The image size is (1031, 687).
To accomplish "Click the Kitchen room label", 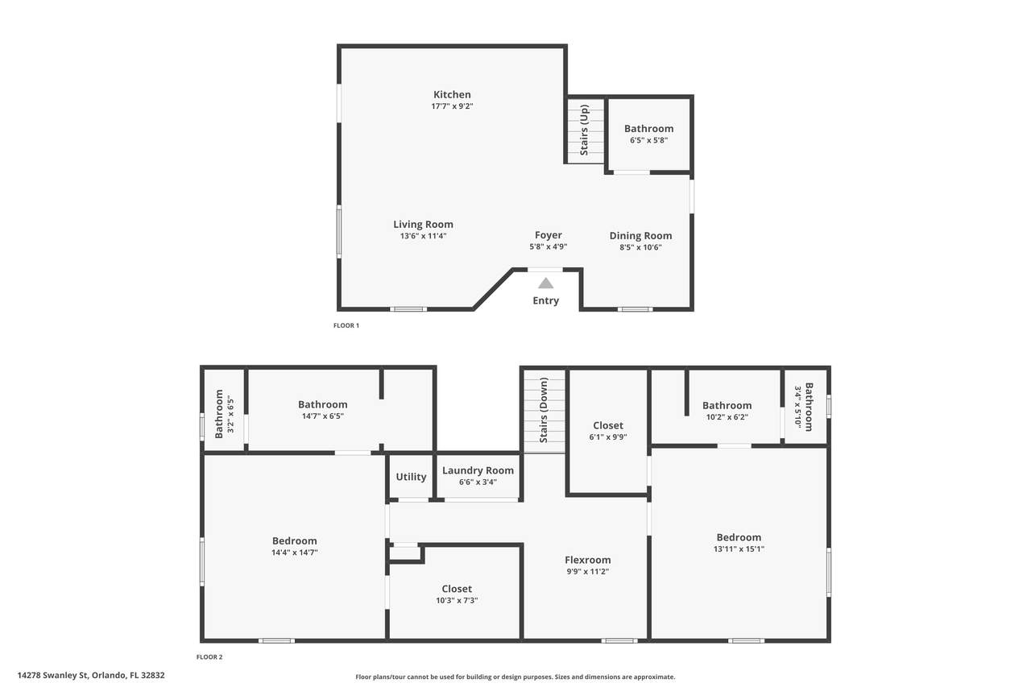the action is [x=452, y=94].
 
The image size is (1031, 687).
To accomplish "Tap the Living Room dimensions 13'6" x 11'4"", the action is [x=423, y=236].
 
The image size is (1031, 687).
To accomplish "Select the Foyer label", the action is [x=549, y=235].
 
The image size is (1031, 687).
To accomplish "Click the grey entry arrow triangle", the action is [x=545, y=283].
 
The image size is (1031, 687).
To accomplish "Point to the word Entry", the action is [x=546, y=300].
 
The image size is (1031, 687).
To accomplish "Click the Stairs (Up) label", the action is [x=584, y=130].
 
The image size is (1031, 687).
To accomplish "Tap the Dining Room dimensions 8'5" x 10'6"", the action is [x=640, y=247].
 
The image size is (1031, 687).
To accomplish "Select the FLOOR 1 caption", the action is [x=346, y=325].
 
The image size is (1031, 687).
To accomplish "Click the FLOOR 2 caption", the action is [x=209, y=656].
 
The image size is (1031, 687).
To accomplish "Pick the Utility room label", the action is [x=411, y=477].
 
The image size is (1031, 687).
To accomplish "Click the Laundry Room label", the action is [x=478, y=470].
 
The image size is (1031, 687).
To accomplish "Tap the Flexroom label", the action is [x=588, y=560].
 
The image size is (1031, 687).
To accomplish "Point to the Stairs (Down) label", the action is [x=544, y=411].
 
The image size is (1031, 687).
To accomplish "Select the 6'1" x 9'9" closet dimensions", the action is [x=608, y=437].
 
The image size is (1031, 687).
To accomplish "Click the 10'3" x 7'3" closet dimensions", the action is [x=457, y=601].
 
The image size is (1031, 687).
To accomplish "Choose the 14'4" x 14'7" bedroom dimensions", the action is [x=295, y=552].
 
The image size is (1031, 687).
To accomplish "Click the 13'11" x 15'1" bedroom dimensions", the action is [x=739, y=549].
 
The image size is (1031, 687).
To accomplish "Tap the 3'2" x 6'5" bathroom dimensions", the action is [x=230, y=415].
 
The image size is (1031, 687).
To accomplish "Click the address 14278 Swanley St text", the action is [x=53, y=675].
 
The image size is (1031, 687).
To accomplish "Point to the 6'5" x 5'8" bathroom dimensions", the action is [x=649, y=140].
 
